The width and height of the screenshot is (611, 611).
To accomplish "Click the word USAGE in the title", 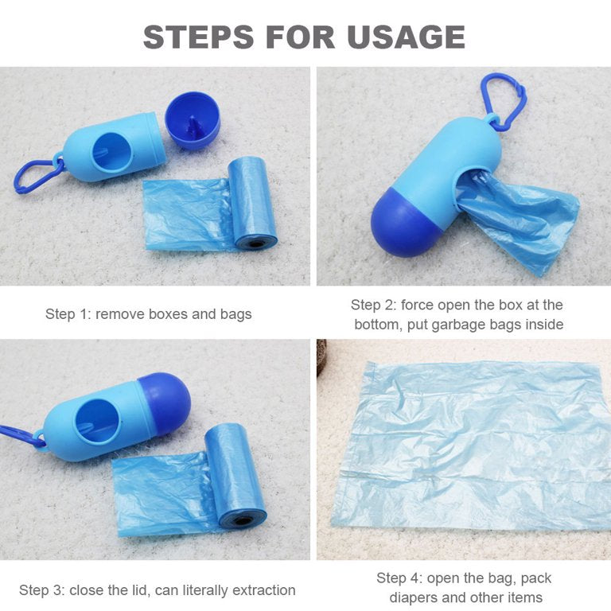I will click(x=405, y=37).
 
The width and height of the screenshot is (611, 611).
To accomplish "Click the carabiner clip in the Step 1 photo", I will click(x=35, y=175).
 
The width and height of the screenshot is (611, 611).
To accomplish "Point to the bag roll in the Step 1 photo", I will click(x=251, y=202).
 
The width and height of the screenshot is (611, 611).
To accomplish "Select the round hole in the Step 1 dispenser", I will click(x=108, y=151).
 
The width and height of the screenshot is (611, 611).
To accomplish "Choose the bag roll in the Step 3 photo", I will click(x=235, y=477).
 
